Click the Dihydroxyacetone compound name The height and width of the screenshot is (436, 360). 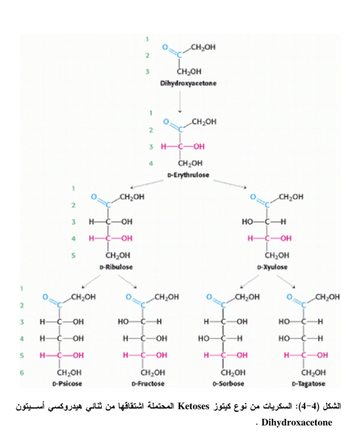point(188,83)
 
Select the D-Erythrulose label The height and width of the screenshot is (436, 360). point(188,175)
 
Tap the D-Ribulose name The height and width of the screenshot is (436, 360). point(116,267)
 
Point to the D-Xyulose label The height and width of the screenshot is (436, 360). point(272,267)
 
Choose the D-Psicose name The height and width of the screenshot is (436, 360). point(67,384)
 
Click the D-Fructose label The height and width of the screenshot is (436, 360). point(148,384)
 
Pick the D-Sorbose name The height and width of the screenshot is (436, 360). point(228,384)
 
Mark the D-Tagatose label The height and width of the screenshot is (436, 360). point(308,384)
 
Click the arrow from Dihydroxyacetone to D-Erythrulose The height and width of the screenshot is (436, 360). point(180,102)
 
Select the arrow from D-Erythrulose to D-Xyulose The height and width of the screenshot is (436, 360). point(230,184)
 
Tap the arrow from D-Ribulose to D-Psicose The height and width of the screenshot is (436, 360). point(91,282)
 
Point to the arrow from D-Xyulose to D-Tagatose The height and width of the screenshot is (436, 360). point(286,282)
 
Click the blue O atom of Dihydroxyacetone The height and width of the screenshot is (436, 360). point(165,47)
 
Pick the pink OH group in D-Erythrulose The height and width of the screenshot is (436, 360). point(198,147)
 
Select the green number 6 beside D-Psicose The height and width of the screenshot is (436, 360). point(22,372)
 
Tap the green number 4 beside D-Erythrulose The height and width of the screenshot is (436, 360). point(150,163)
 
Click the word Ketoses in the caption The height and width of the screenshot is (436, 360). point(193,406)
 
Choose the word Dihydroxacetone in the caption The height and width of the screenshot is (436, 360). point(297,423)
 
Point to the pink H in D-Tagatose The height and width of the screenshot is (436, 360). point(287,355)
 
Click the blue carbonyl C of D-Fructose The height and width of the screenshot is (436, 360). point(143,305)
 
